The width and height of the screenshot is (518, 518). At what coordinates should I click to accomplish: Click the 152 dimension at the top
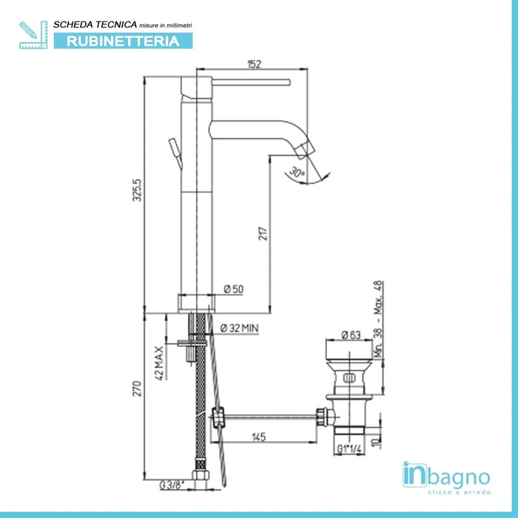[x=253, y=64]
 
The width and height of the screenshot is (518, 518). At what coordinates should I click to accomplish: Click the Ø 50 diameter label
[x=233, y=289]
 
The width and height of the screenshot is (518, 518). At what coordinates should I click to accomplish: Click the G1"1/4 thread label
[x=348, y=447]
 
